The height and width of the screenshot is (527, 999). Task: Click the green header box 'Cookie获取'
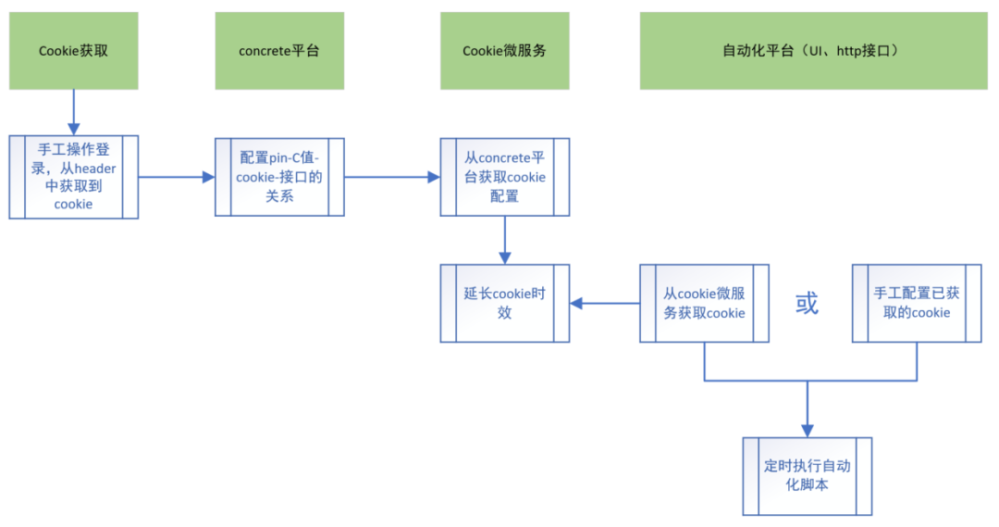pos(73,51)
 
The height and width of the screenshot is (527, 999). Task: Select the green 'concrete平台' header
pos(279,51)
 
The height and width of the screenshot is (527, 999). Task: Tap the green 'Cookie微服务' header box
pos(504,51)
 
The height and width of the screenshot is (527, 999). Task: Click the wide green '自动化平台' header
pos(813,51)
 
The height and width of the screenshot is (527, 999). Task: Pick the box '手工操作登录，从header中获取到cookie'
pos(73,177)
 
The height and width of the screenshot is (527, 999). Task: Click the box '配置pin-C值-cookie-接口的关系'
pos(279,177)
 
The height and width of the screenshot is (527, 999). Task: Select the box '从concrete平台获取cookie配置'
pos(504,177)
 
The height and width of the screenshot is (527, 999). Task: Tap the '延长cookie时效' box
pos(504,303)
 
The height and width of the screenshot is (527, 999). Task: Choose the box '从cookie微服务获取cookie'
pos(704,303)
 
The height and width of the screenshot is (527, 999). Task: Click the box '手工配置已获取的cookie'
pos(917,303)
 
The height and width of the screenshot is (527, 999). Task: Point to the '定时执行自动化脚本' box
pos(807,476)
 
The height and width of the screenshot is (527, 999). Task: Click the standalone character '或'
pos(807,304)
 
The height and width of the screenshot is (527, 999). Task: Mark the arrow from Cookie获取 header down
pos(73,112)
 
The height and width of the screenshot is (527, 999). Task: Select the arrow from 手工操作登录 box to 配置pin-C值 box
pos(176,177)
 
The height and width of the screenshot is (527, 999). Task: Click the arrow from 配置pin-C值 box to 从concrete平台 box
pos(391,177)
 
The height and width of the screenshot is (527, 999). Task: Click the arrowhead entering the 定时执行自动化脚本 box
pos(807,429)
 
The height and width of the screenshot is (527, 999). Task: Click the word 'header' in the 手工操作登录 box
pos(95,168)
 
